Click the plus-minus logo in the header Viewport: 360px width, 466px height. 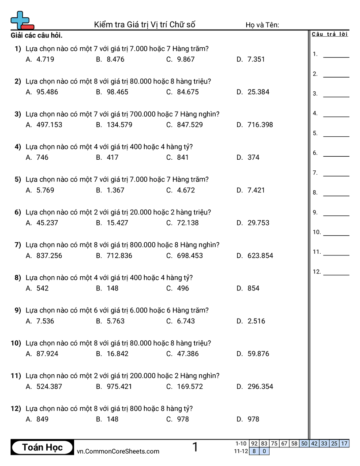coord(22,20)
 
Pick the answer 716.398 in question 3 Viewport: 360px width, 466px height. coord(260,124)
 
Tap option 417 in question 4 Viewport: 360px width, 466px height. coord(112,157)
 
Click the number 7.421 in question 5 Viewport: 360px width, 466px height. coord(256,190)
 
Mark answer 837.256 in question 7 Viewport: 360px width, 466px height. coord(49,256)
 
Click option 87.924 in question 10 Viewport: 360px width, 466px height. coord(47,353)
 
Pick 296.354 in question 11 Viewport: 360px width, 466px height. coord(260,387)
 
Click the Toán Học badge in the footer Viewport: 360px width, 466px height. coord(42,447)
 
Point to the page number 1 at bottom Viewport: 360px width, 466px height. coord(195,447)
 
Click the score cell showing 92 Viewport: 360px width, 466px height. coord(254,443)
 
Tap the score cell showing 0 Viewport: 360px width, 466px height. coord(264,451)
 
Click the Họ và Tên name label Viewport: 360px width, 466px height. coord(262,25)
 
